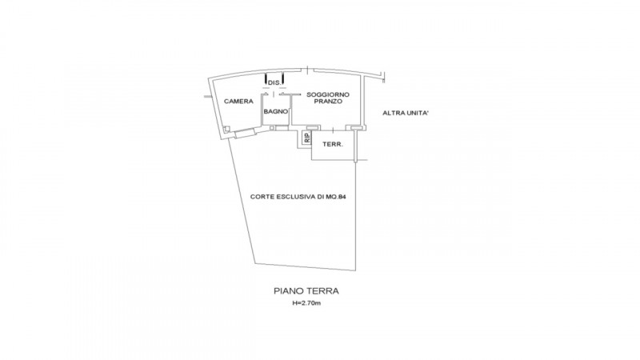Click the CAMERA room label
(238, 102)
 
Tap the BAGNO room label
(275, 111)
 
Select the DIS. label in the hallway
(274, 83)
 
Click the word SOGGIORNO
(328, 94)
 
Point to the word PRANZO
(328, 102)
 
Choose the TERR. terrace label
(333, 145)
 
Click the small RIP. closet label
(306, 138)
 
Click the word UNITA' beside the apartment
(416, 113)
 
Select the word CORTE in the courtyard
(262, 197)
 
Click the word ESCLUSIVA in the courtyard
(295, 197)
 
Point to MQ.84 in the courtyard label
(336, 197)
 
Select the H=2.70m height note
(306, 303)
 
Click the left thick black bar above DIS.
(266, 79)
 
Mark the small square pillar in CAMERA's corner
(227, 129)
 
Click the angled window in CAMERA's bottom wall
(245, 132)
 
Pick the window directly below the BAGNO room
(282, 128)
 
